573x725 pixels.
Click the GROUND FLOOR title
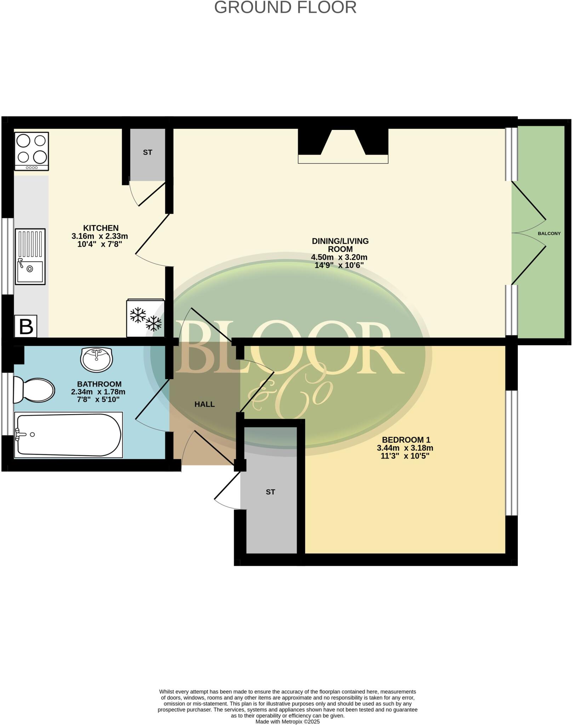point(285,8)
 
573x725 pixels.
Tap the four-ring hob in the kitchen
point(31,151)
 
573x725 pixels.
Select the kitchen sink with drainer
point(30,257)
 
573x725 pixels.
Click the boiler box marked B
point(26,326)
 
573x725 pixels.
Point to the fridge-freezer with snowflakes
point(145,318)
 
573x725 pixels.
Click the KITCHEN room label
point(101,228)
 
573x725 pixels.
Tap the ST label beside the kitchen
point(148,153)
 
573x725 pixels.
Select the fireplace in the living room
point(343,146)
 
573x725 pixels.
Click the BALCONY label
point(549,234)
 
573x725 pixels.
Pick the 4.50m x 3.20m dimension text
point(339,257)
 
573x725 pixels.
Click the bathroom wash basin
point(97,359)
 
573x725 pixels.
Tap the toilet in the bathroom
point(34,390)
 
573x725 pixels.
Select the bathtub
point(68,435)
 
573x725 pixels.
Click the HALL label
point(205,404)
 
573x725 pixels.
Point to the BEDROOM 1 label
point(406,440)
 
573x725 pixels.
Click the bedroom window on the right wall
point(511,453)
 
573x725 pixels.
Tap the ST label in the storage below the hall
point(270,492)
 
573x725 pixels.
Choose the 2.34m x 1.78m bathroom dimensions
point(98,392)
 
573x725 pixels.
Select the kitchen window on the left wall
point(7,256)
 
